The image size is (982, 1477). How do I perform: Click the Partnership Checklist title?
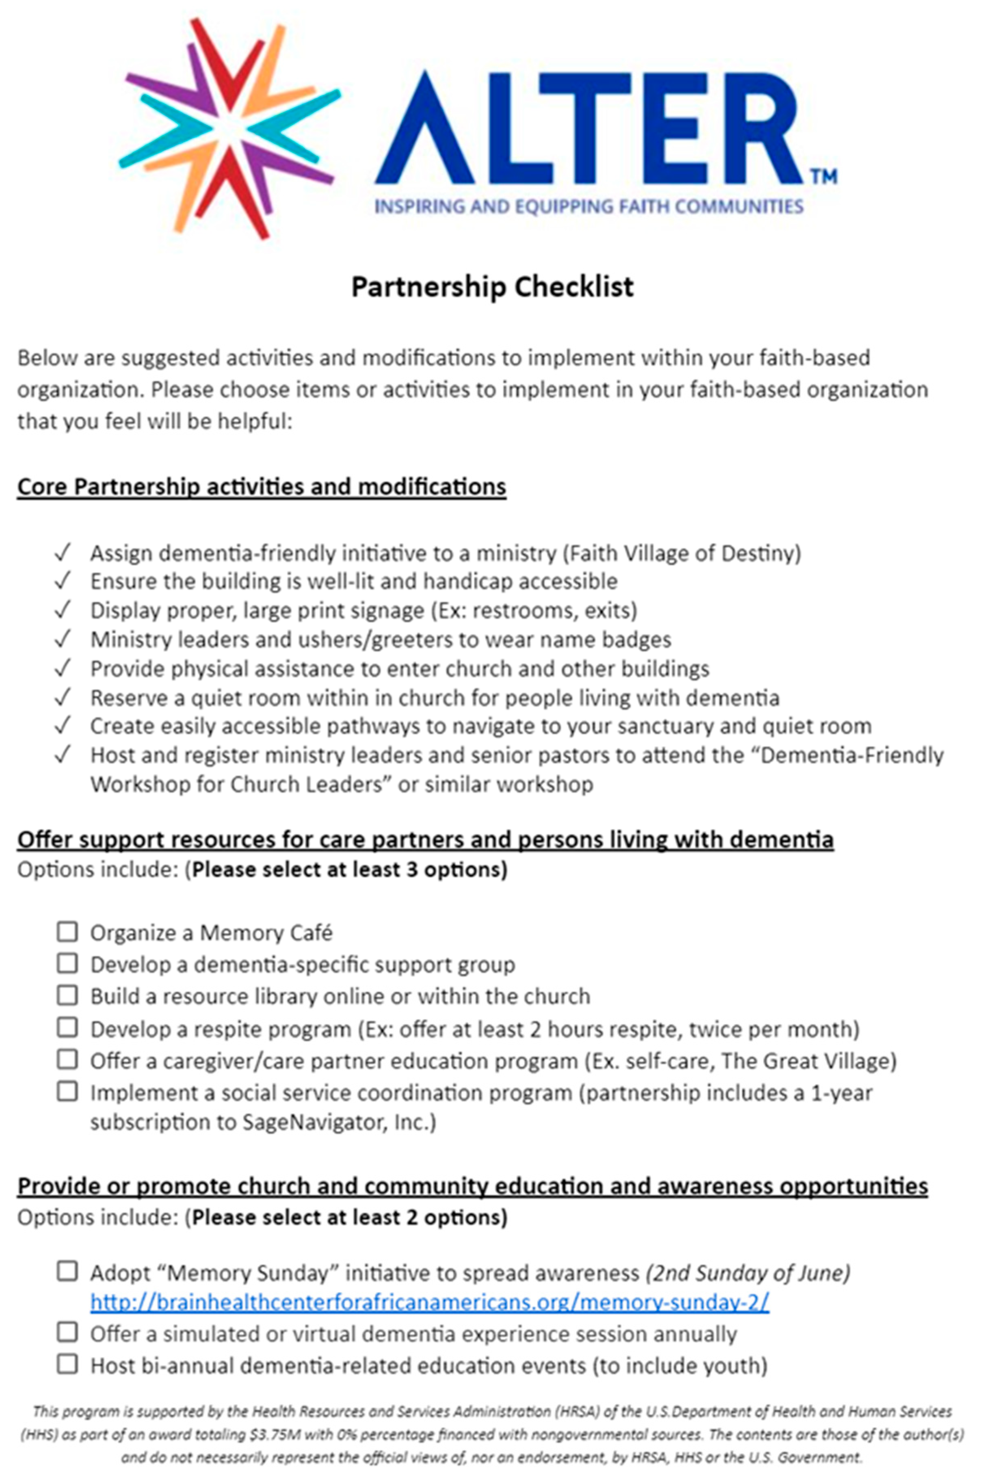pos(492,287)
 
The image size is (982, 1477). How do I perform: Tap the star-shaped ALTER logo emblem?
pos(229,128)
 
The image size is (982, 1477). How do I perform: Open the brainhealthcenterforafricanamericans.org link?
pos(430,1302)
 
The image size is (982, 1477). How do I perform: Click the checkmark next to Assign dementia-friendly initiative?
pos(62,553)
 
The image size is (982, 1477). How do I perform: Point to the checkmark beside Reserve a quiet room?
pos(62,697)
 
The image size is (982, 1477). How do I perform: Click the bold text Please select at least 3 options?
pos(349,869)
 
